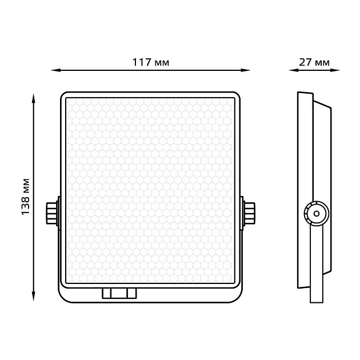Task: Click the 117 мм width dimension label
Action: pyautogui.click(x=151, y=62)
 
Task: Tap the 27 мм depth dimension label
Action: pyautogui.click(x=314, y=62)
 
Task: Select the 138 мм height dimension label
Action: pyautogui.click(x=26, y=197)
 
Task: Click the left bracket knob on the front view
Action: pyautogui.click(x=52, y=213)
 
